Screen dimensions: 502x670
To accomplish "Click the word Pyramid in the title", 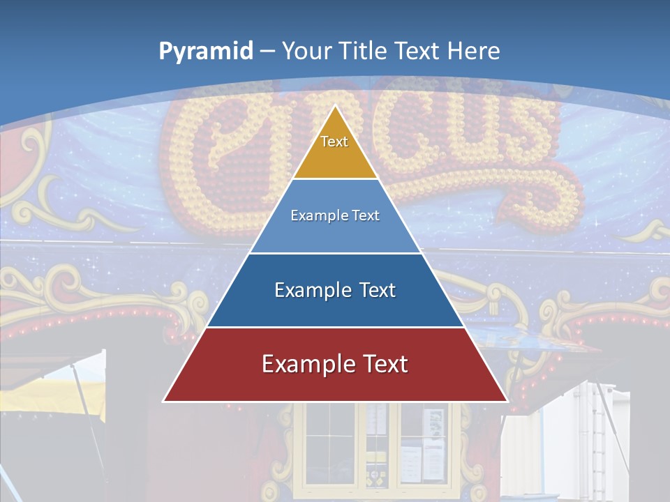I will tap(205, 52).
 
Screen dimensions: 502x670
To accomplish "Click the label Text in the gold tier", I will tap(334, 142).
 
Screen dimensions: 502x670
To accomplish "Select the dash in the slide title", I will tap(267, 52).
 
